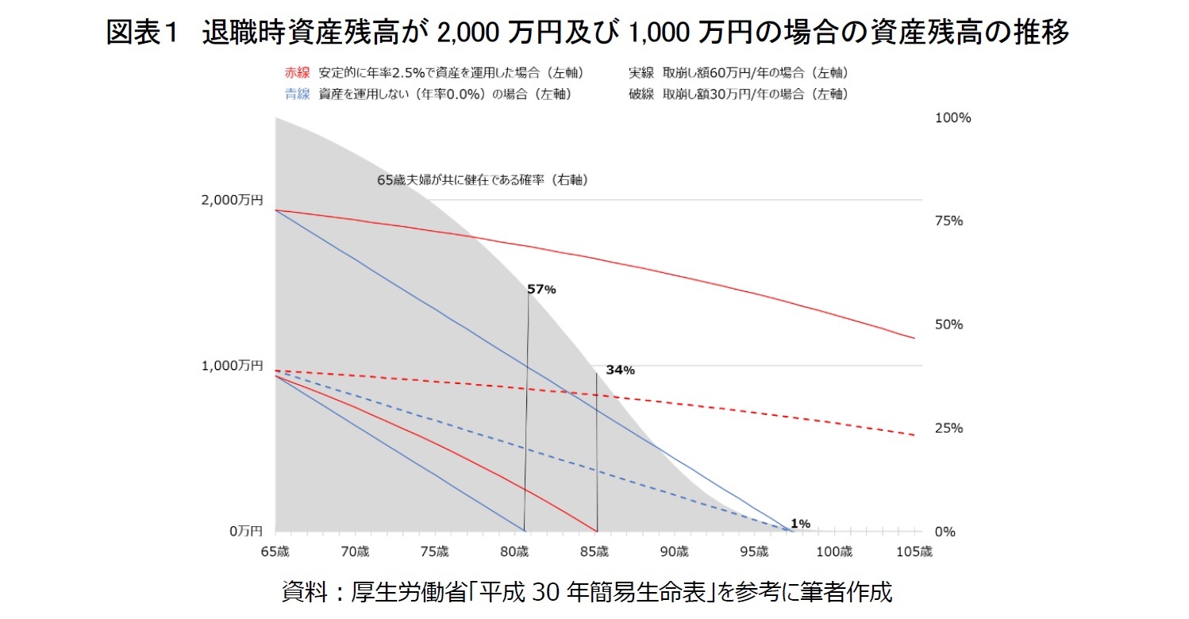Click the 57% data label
pyautogui.click(x=541, y=290)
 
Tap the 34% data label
pyautogui.click(x=620, y=370)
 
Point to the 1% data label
pyautogui.click(x=800, y=524)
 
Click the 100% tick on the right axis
pyautogui.click(x=954, y=117)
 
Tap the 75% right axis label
pyautogui.click(x=949, y=221)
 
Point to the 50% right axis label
pyautogui.click(x=949, y=325)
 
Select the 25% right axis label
pyautogui.click(x=949, y=429)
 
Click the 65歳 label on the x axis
pyautogui.click(x=275, y=552)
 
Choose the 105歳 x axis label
pyautogui.click(x=914, y=552)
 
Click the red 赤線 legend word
pyautogui.click(x=297, y=73)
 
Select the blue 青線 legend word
pyautogui.click(x=297, y=94)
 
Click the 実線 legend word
pyautogui.click(x=641, y=73)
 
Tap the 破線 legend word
pyautogui.click(x=641, y=94)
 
